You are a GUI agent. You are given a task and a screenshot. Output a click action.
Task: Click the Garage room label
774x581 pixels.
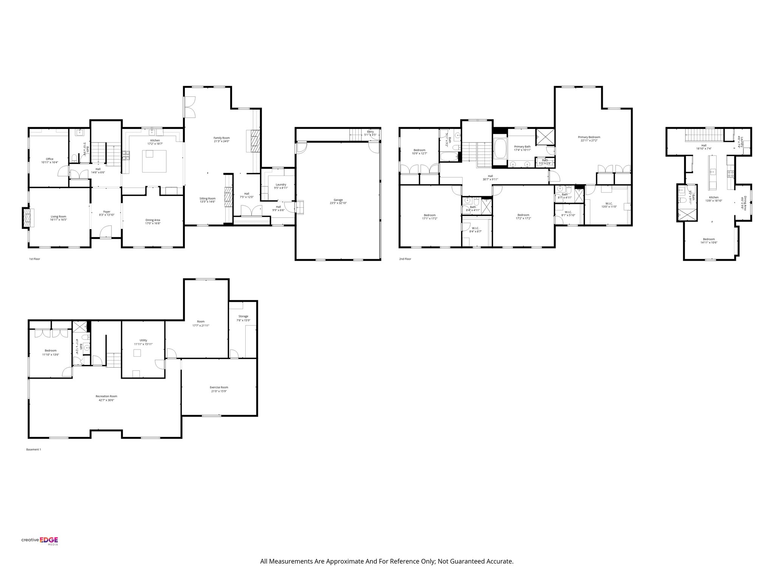[338, 201]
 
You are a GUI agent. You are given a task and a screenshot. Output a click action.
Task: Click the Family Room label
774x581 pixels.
[221, 140]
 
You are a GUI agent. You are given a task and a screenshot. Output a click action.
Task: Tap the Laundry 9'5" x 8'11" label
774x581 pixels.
[281, 186]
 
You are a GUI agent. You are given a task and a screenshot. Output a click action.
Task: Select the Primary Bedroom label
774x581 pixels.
[589, 139]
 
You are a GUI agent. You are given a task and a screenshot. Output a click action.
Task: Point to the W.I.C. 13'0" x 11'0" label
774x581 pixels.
[608, 205]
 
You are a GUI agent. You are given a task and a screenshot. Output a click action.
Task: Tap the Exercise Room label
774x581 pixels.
[219, 389]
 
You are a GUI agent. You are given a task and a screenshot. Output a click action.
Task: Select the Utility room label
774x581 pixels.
[143, 342]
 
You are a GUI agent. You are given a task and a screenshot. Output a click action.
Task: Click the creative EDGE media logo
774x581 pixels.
[40, 541]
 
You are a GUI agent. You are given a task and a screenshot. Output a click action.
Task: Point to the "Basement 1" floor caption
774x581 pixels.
[33, 449]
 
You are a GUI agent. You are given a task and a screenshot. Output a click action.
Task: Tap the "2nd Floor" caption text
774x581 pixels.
[405, 259]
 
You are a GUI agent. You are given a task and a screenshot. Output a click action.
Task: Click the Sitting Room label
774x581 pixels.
[207, 200]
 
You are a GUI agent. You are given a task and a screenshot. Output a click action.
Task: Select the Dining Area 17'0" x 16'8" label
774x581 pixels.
[153, 222]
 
